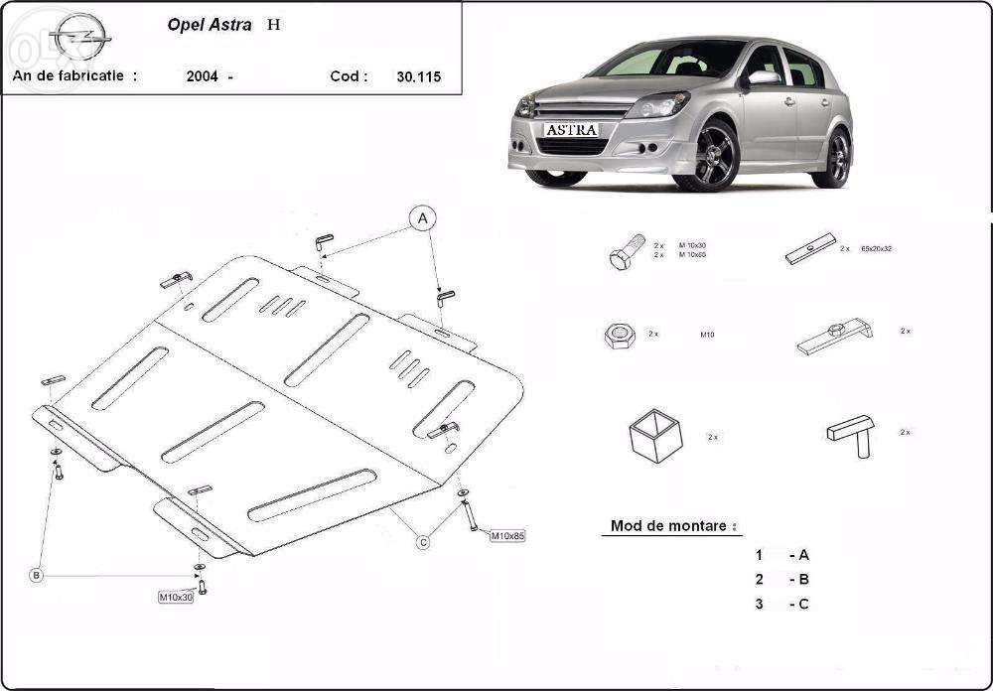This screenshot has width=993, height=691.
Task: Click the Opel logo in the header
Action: pyautogui.click(x=78, y=39)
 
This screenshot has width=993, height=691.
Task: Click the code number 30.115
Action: pyautogui.click(x=418, y=76)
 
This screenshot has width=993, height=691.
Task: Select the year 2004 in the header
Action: pyautogui.click(x=203, y=76)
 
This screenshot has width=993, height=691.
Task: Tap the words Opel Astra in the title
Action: pyautogui.click(x=210, y=25)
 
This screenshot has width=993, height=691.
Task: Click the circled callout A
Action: pyautogui.click(x=422, y=218)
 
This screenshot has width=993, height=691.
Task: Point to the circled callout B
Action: pyautogui.click(x=36, y=575)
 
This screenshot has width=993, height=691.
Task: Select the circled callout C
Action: pyautogui.click(x=423, y=541)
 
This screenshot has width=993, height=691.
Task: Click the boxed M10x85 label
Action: pyautogui.click(x=506, y=536)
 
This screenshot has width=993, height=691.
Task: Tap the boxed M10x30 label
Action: pyautogui.click(x=176, y=597)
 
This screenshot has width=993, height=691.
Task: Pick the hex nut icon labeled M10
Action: pyautogui.click(x=619, y=336)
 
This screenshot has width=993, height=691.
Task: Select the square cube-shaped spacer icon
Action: pyautogui.click(x=655, y=435)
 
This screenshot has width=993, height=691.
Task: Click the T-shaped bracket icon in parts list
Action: pyautogui.click(x=851, y=433)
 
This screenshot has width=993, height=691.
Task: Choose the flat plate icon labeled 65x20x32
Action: pyautogui.click(x=810, y=248)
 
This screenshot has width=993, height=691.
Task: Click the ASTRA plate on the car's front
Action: pyautogui.click(x=571, y=129)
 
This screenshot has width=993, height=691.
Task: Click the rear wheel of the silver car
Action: pyautogui.click(x=837, y=157)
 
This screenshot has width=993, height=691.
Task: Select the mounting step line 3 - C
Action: pyautogui.click(x=782, y=604)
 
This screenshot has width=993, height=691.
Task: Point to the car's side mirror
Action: pyautogui.click(x=764, y=77)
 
